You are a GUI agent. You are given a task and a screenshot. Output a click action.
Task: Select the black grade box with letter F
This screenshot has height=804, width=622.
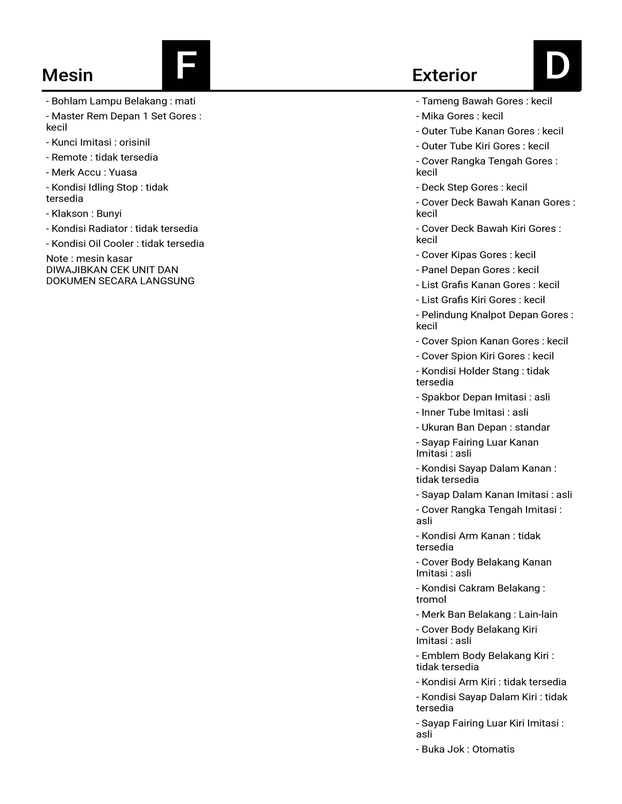(186, 65)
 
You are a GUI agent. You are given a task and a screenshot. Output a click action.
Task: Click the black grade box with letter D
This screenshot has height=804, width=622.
(557, 65)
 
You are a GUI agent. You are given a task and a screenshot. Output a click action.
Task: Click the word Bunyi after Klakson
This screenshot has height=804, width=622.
(109, 213)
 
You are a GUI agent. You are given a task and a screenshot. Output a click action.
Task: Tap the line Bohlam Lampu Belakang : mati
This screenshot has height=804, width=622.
(120, 101)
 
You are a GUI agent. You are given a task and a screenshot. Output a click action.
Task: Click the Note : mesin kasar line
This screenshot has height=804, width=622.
(89, 258)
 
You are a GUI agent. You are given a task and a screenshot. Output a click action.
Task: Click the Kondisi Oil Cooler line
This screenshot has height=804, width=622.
(125, 244)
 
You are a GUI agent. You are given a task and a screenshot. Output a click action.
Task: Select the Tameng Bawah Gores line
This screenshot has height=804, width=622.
(484, 101)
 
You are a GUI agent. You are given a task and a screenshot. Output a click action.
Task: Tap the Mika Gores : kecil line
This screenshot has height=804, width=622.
(460, 116)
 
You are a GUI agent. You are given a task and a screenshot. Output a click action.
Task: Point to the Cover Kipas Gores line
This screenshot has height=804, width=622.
(476, 255)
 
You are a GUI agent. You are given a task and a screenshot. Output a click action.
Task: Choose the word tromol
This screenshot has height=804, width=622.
(431, 599)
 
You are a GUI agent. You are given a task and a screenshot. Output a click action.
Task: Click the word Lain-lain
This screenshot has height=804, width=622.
(538, 614)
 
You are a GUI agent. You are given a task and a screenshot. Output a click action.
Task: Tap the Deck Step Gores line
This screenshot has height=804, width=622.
(472, 187)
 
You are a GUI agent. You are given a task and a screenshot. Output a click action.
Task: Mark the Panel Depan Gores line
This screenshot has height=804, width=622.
(477, 270)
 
